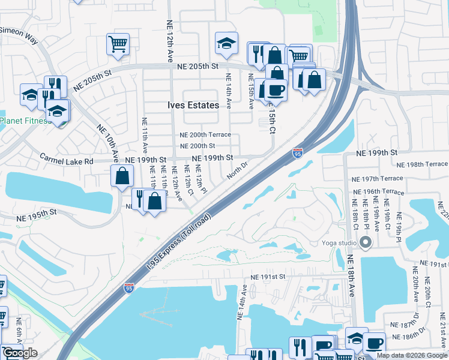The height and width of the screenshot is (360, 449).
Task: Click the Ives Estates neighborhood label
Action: point(193,105)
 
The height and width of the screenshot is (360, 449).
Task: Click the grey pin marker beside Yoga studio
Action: point(366,243)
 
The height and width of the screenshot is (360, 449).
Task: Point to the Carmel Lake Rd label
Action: point(67,160)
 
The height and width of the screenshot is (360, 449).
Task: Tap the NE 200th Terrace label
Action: point(206,134)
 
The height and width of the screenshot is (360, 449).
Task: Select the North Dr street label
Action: point(237,170)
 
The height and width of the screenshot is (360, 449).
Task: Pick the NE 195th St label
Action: point(36,212)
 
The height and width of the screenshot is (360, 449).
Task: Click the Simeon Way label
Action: point(18,35)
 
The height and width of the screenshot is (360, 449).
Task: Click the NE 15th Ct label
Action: point(271,119)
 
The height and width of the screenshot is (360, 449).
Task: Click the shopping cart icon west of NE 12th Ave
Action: point(118,44)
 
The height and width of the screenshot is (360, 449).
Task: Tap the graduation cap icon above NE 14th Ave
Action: point(226,42)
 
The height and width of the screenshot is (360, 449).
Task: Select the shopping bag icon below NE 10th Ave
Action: point(122,176)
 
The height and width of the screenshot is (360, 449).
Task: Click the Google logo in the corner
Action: point(20,353)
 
